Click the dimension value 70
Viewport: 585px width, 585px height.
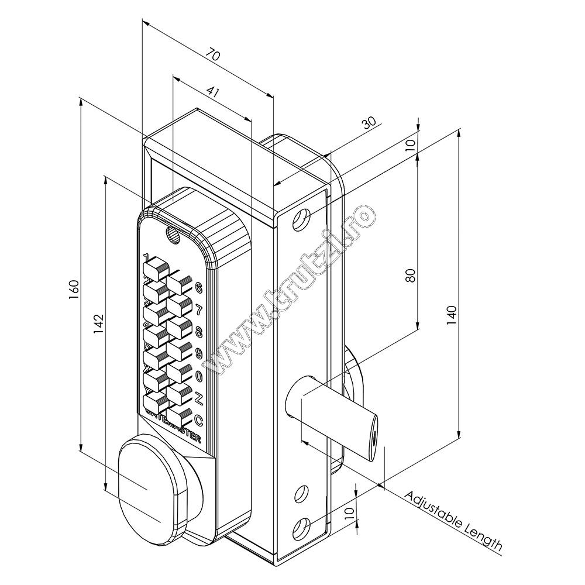coord(214,56)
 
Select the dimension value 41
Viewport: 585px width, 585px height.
coord(214,92)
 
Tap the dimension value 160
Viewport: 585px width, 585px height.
coord(74,289)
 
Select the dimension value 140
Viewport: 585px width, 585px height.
coord(450,314)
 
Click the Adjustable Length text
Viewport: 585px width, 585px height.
coord(453,521)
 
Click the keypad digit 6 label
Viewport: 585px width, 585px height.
coord(198,288)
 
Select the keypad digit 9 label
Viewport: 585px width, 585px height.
coord(198,353)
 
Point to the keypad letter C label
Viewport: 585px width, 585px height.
coord(198,419)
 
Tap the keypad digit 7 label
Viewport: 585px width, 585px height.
coord(198,310)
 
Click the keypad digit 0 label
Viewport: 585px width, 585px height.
coord(198,376)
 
